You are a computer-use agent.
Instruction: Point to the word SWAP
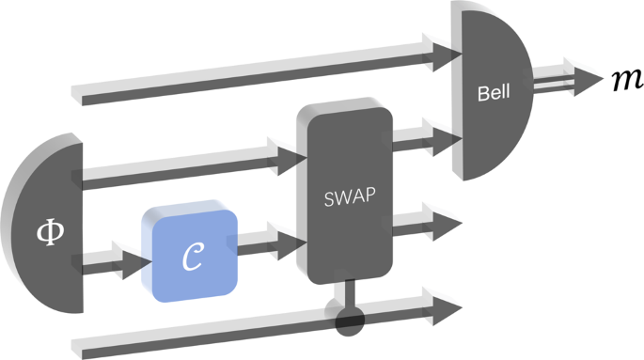click(345, 200)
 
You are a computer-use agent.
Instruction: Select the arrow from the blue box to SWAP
click(270, 247)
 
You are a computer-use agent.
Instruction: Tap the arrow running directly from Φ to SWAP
click(188, 162)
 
